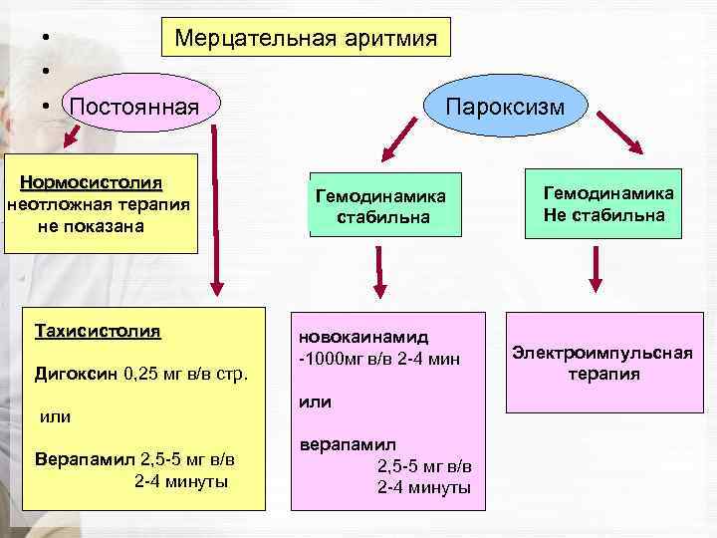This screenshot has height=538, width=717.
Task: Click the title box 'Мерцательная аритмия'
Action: click(306, 38)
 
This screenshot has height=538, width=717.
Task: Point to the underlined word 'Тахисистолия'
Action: click(98, 330)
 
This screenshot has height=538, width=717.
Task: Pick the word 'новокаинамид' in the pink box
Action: click(362, 338)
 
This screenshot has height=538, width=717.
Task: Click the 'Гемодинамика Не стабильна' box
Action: click(607, 202)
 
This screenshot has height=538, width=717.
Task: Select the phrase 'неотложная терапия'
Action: click(98, 205)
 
